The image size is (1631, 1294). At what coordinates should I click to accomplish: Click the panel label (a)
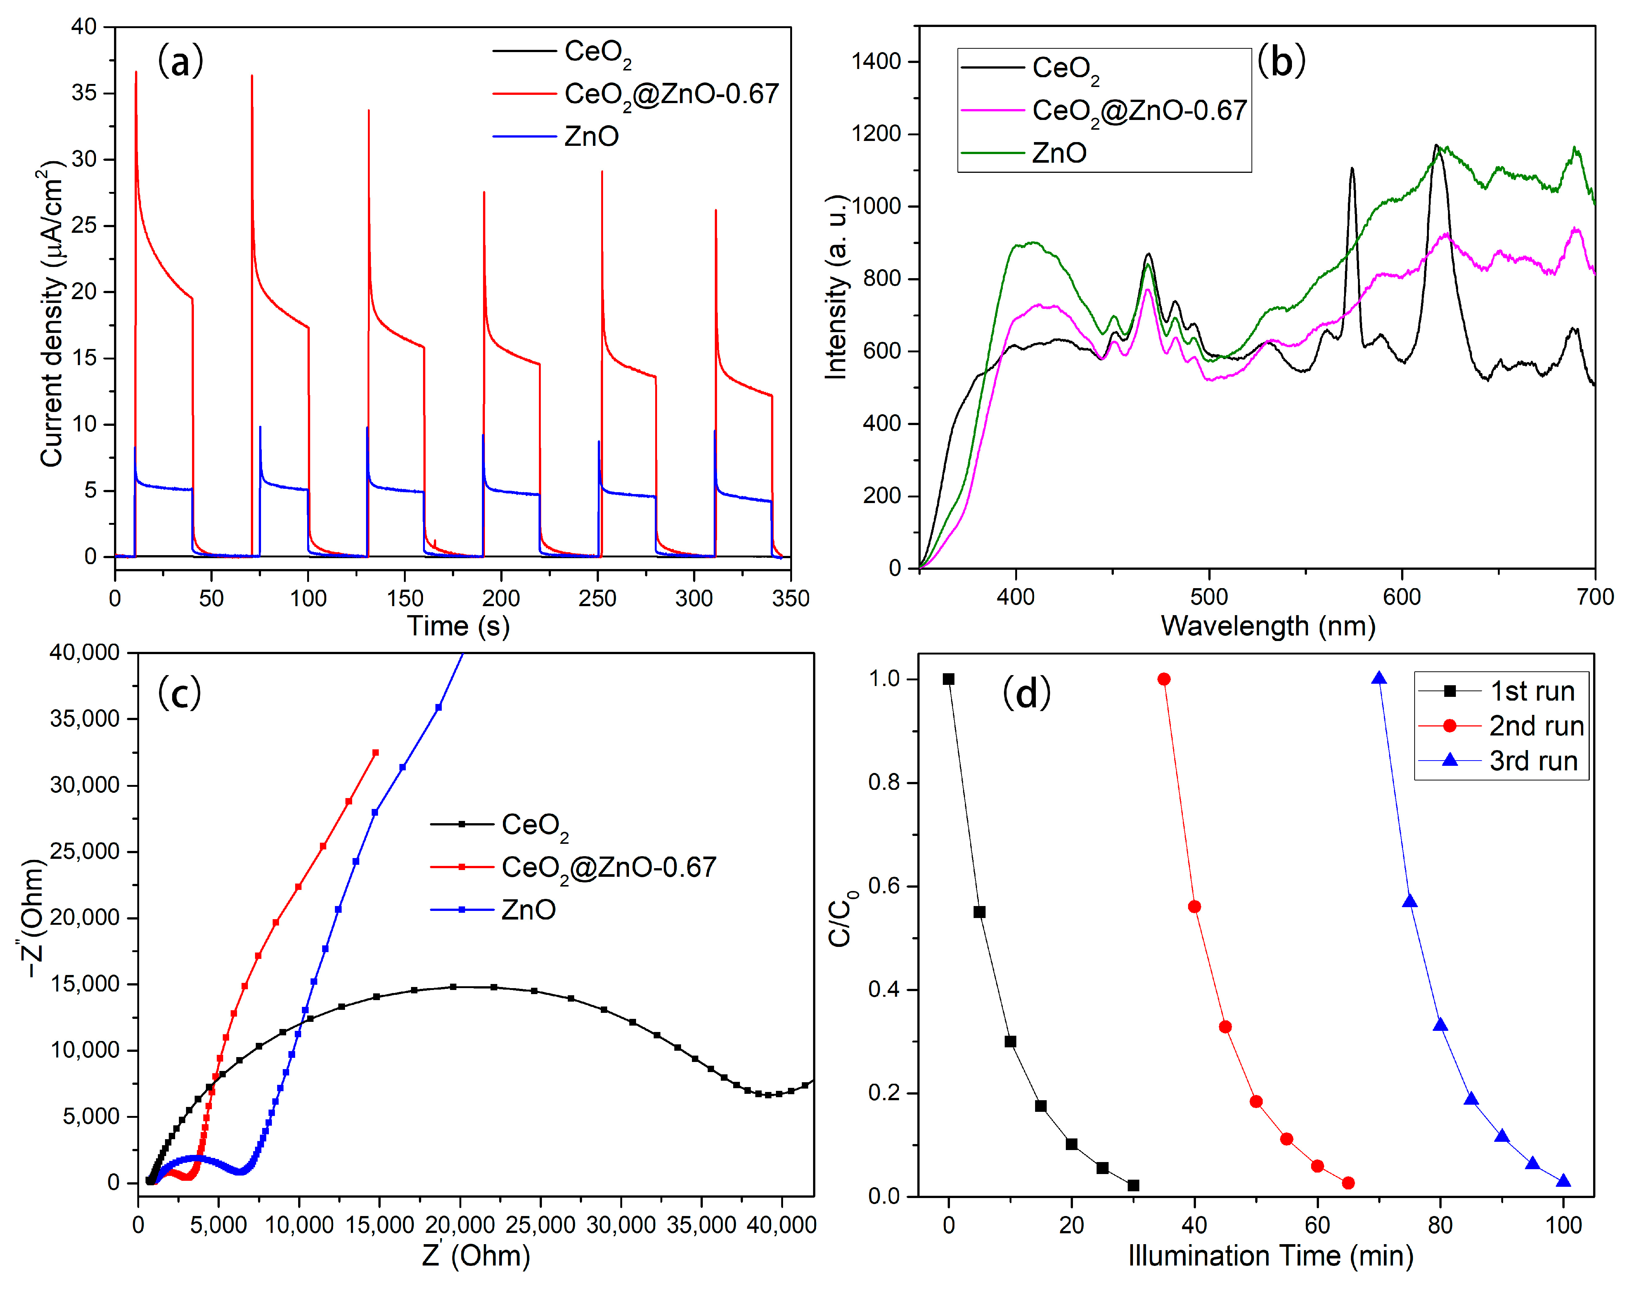point(180,60)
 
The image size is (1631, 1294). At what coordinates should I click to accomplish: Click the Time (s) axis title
point(458,626)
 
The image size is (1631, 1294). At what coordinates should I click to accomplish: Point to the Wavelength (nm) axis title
point(1268,626)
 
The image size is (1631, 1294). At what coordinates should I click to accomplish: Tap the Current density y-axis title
point(51,314)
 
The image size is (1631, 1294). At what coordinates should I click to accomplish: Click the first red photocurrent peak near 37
point(136,73)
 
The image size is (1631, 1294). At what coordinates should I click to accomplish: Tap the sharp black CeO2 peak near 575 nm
point(1352,169)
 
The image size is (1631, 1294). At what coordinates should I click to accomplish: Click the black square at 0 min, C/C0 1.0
point(949,679)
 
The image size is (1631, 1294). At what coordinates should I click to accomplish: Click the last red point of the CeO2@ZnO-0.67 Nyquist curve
point(375,752)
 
